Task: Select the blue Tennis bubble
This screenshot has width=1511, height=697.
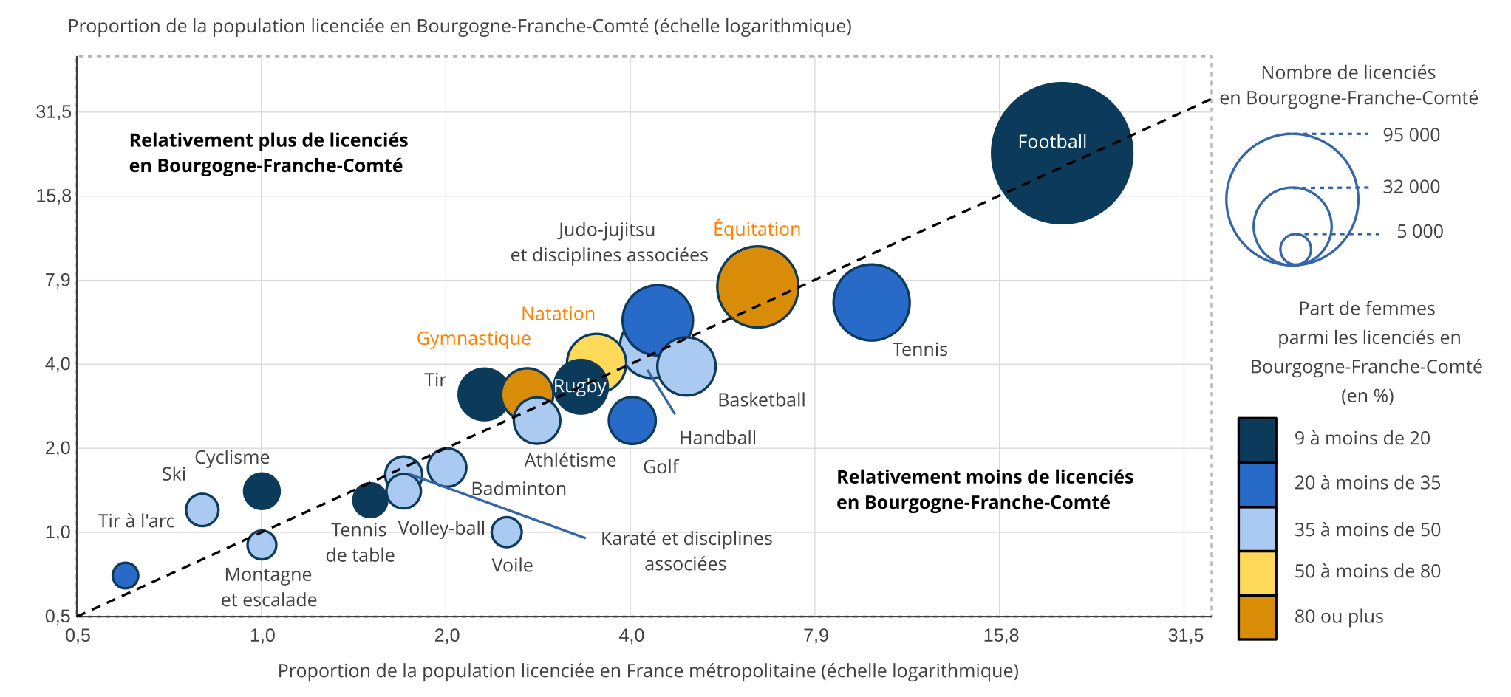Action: [871, 302]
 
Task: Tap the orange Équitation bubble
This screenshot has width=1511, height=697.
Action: [757, 286]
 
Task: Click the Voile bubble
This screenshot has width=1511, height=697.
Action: [506, 532]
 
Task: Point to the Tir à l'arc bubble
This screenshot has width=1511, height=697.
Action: [126, 575]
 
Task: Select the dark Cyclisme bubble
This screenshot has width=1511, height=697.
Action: [262, 490]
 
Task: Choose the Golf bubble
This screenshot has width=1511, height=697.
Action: [632, 420]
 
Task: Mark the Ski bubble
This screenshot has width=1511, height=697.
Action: [202, 509]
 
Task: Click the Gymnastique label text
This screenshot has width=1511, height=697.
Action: [474, 338]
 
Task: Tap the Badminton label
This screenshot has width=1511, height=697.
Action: [519, 489]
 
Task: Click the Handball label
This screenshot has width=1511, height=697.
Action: [717, 438]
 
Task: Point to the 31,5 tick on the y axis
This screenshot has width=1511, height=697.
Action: [54, 112]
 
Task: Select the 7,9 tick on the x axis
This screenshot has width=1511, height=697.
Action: [815, 636]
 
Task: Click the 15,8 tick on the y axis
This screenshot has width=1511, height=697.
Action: [54, 196]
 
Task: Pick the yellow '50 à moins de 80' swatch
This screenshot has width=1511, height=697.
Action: [1257, 572]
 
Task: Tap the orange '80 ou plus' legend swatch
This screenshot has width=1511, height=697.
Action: [1257, 617]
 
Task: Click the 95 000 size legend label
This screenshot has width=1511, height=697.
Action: [1411, 135]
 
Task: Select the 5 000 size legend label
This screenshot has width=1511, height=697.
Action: [1419, 232]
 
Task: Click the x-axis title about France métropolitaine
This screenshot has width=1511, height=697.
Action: [648, 670]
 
